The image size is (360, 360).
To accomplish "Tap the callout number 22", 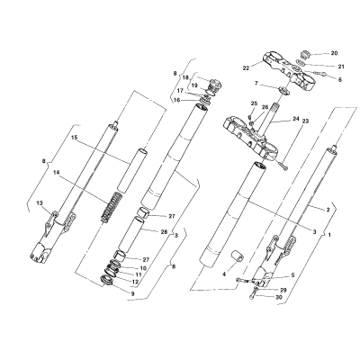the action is (246, 68).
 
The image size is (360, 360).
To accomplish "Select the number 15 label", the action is (74, 138).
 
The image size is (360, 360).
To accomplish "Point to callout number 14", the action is (57, 172).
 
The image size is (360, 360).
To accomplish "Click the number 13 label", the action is (40, 203).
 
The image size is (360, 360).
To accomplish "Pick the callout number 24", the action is (296, 119).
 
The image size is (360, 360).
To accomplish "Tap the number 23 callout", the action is (305, 121).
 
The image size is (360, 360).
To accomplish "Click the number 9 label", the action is (133, 293).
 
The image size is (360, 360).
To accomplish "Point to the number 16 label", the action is (177, 100).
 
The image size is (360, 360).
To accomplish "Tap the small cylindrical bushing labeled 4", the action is (237, 257).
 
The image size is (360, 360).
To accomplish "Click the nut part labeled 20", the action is (304, 55).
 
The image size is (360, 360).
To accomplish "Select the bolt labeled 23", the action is (283, 166).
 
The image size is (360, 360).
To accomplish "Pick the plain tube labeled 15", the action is (132, 171).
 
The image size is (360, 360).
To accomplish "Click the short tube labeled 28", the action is (130, 236).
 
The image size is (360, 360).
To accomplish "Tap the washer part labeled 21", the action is (301, 63).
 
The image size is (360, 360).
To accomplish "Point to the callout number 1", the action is (329, 236).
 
